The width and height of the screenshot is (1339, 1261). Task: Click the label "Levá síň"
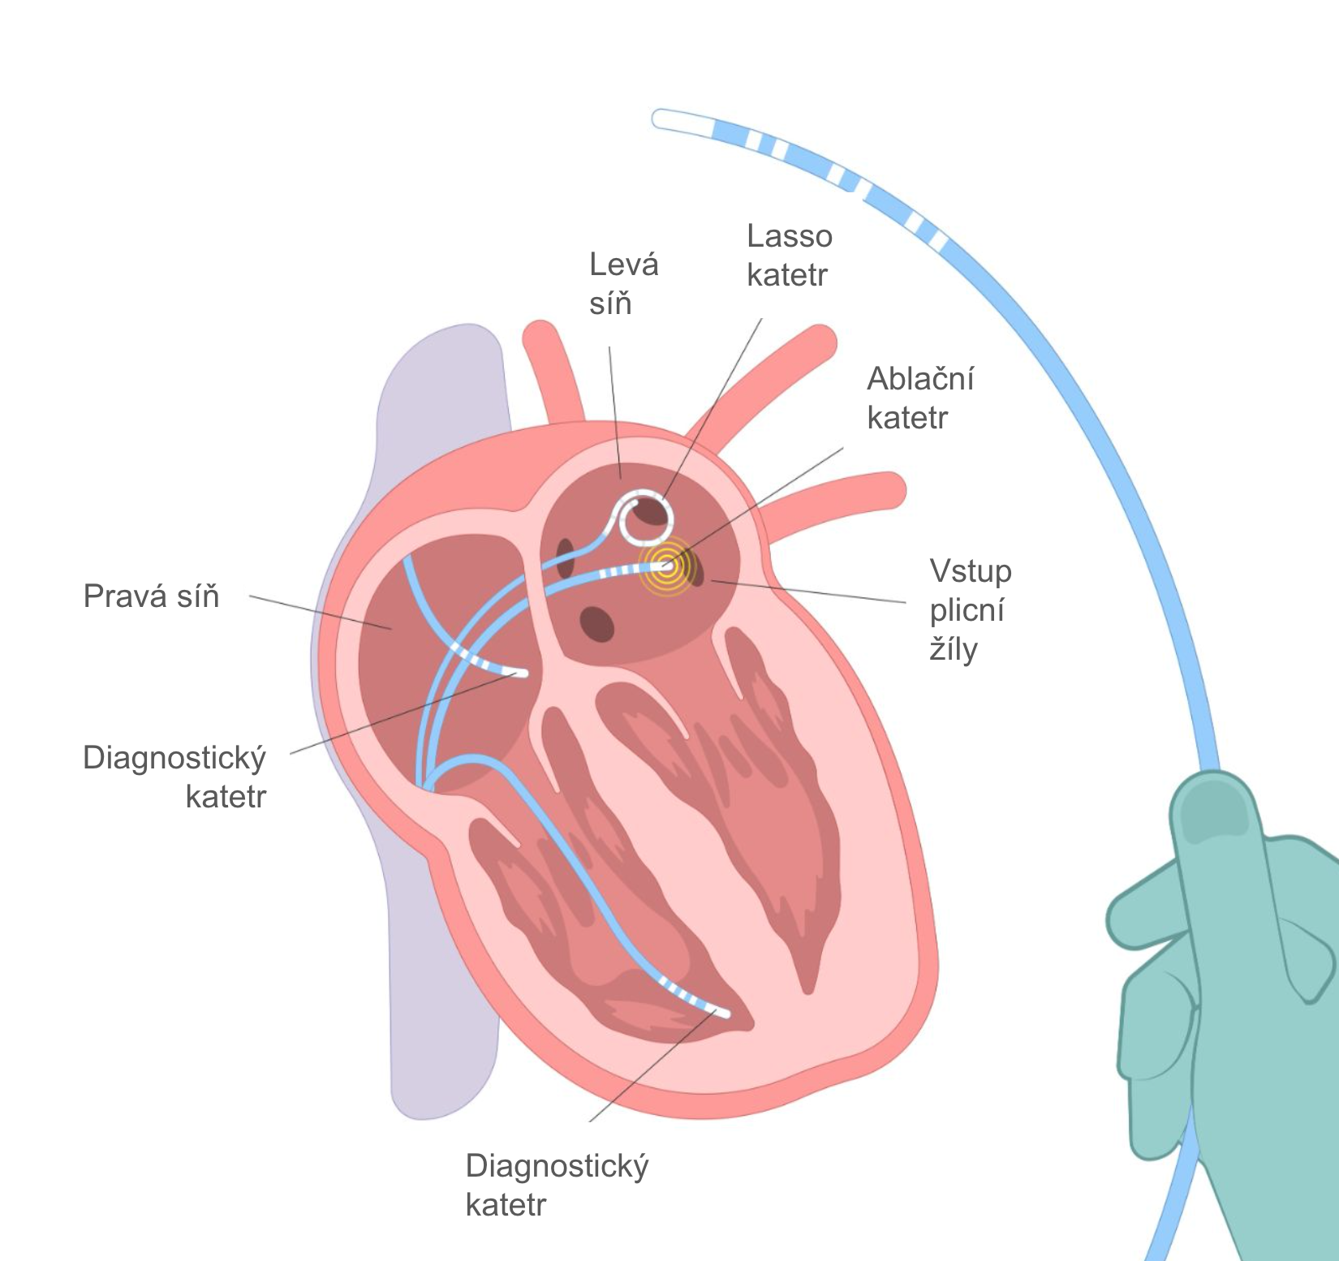tap(623, 284)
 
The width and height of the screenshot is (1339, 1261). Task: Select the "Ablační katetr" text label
tap(919, 398)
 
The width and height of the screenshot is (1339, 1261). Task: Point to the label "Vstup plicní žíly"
tap(970, 610)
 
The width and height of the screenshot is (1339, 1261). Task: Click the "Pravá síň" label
tap(151, 596)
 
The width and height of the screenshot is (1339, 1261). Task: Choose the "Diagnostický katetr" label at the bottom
tap(557, 1186)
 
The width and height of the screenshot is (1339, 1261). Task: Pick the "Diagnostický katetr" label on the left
tap(174, 777)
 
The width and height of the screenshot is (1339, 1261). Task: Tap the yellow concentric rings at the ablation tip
tap(667, 566)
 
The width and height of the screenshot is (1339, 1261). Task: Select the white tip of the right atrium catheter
tap(519, 673)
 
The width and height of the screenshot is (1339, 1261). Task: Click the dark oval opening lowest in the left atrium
tap(596, 622)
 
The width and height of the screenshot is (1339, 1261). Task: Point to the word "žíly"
tap(954, 649)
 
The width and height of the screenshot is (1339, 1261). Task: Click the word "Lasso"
tap(789, 236)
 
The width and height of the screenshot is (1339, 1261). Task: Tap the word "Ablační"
tap(919, 379)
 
